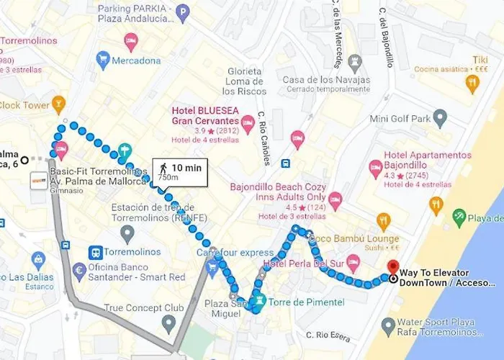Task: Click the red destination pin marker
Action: [392, 267]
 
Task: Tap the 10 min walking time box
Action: [180, 172]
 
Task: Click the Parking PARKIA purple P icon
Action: [183, 12]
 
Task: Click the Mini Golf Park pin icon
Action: [440, 118]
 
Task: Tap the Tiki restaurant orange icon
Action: [472, 84]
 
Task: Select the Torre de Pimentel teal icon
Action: [260, 300]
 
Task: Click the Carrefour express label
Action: [235, 253]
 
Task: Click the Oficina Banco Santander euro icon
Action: [80, 271]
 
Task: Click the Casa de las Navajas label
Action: [325, 80]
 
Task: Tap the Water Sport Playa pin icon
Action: [389, 328]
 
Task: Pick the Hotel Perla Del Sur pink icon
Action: [353, 261]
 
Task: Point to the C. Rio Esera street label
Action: [328, 335]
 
